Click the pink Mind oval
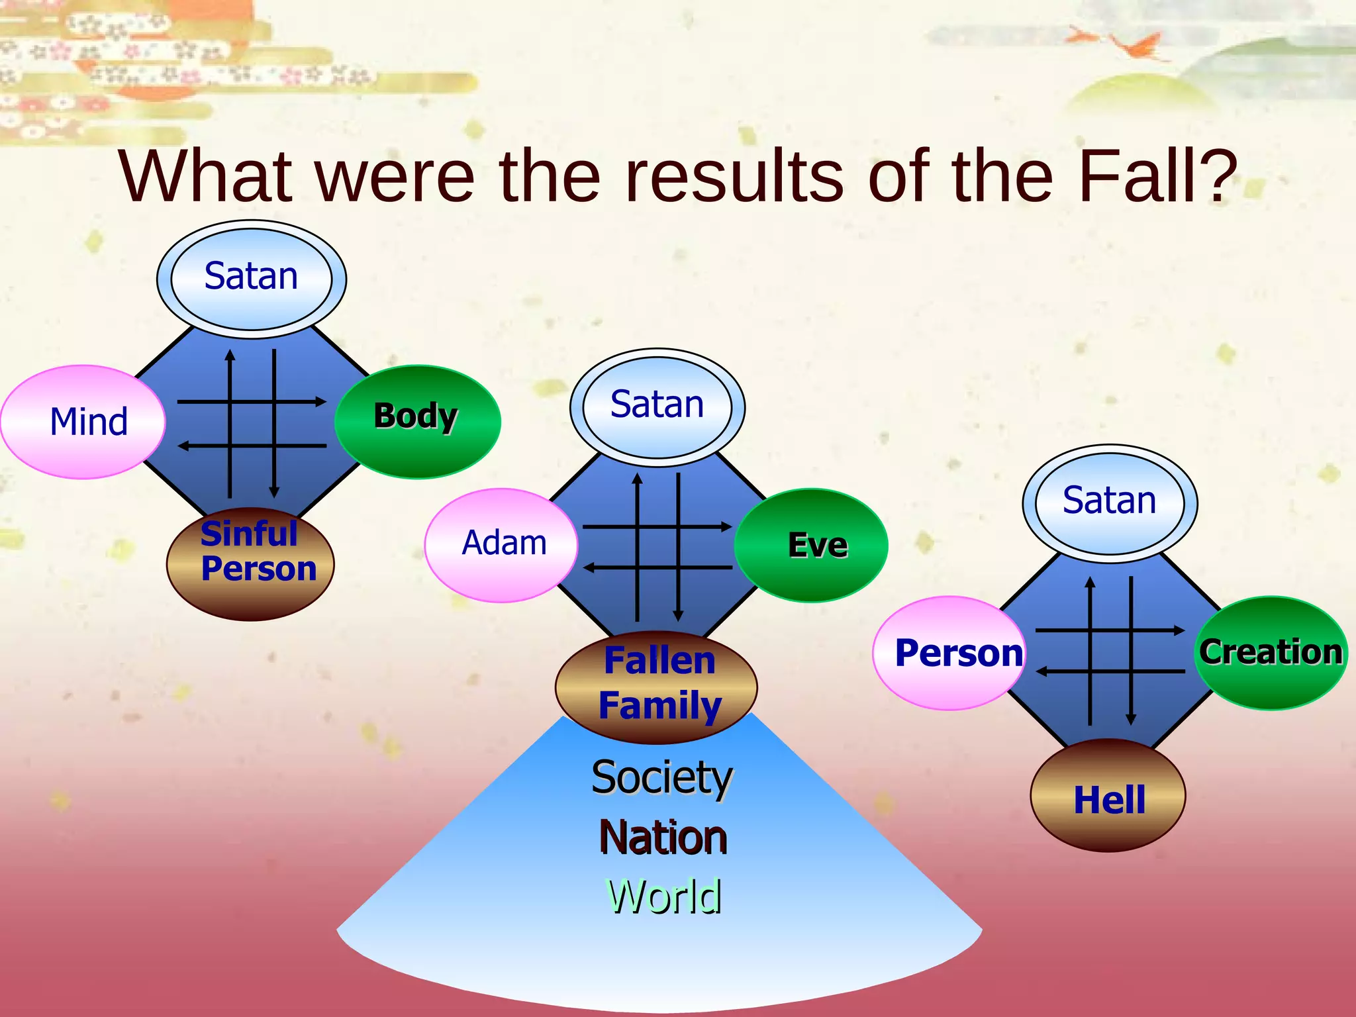pos(83,422)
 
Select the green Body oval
pos(417,421)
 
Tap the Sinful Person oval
pos(251,563)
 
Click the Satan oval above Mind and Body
pos(252,279)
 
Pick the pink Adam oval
pos(501,545)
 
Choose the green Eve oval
pos(811,545)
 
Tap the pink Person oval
pos(949,653)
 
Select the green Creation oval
pos(1271,653)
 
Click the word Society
pos(661,777)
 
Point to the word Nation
pos(663,838)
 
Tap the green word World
pos(664,896)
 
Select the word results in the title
pos(735,176)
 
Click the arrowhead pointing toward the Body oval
pos(321,401)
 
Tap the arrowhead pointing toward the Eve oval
pos(726,527)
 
